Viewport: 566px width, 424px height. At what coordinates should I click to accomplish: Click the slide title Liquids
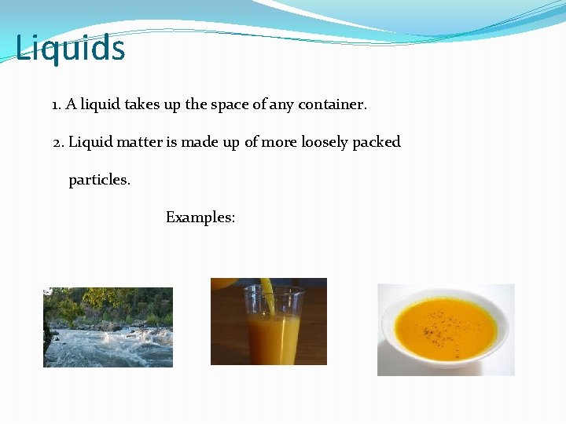[70, 48]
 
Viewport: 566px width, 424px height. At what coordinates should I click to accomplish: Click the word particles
[99, 180]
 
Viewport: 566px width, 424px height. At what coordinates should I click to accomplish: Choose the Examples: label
[200, 217]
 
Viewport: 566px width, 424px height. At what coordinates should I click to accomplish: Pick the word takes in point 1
[142, 104]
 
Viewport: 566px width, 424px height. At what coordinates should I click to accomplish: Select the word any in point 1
[281, 104]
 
